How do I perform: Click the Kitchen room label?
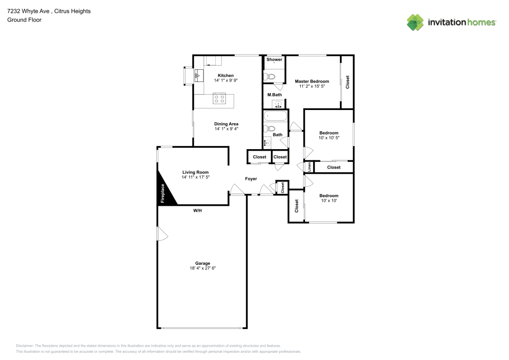pos(225,75)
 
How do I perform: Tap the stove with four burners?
pos(219,98)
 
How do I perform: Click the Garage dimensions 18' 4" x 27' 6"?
pos(203,268)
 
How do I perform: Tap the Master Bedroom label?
pos(312,81)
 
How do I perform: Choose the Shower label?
pos(274,60)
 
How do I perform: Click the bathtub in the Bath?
pos(275,116)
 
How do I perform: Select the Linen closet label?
pos(309,167)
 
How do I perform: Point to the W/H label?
pos(197,210)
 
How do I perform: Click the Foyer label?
pos(251,179)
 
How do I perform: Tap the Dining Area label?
pos(227,124)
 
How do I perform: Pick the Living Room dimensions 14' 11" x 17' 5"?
pos(196,177)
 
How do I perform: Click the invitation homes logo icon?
pos(415,22)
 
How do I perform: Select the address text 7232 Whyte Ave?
pos(28,11)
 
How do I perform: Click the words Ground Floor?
pos(24,20)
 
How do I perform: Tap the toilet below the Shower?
pos(269,76)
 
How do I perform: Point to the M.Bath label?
pos(275,95)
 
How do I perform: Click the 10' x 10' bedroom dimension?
pos(329,201)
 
